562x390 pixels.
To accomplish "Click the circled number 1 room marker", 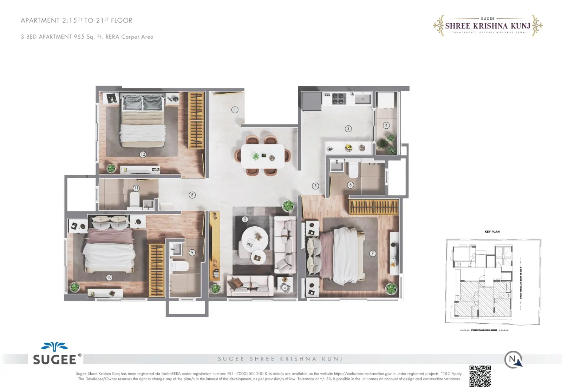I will (x=235, y=110).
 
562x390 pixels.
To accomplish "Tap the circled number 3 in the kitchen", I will (x=348, y=129).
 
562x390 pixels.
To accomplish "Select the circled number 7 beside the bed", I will (x=373, y=253).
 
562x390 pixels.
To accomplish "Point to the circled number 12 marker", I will (x=143, y=154).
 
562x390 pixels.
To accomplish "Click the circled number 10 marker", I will (x=109, y=277).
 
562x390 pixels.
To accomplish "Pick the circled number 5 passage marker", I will (x=315, y=186).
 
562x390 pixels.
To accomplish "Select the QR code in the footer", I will (x=480, y=376).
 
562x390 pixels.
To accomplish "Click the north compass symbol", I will (x=513, y=359).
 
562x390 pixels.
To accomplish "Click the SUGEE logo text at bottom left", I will (x=54, y=359).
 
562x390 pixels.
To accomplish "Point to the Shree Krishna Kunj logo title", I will (x=488, y=26).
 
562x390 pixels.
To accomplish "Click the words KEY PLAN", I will (x=492, y=232).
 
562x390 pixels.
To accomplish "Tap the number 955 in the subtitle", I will (x=79, y=37).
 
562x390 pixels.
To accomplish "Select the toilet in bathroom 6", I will (x=353, y=170).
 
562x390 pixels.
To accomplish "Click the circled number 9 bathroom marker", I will (x=192, y=252).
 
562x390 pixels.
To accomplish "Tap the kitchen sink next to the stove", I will (x=363, y=99).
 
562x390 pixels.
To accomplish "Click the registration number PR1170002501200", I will (x=245, y=374).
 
